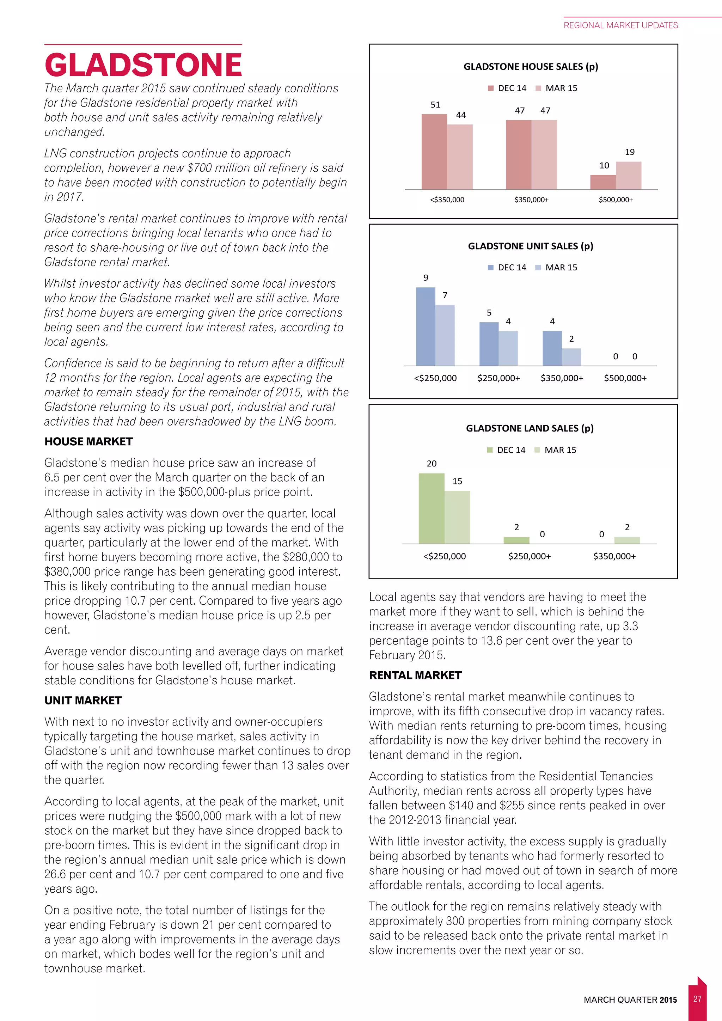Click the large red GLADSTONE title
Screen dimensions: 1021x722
tap(143, 65)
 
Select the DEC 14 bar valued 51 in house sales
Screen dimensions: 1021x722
tap(434, 152)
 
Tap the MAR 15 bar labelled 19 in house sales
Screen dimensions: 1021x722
tap(628, 176)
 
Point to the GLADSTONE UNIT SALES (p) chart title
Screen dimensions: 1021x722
tap(530, 246)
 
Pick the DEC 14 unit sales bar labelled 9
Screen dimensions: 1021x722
tap(426, 327)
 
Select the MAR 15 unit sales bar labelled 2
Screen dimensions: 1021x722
tap(571, 357)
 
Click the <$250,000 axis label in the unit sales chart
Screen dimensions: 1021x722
tap(435, 378)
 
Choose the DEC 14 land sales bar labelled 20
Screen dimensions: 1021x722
tap(431, 508)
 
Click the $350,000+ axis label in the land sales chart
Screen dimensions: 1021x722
tap(614, 556)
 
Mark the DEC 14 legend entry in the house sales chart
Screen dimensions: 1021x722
tap(507, 88)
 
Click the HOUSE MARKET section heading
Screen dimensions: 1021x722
tap(88, 441)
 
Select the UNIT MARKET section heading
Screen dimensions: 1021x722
tap(83, 701)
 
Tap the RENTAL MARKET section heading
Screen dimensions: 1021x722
tap(415, 675)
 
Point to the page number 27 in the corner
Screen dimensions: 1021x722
tap(697, 999)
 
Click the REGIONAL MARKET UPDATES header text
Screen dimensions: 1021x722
tap(620, 25)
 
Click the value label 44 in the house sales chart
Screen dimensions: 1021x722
tap(461, 115)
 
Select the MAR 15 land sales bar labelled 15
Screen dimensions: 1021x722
tap(457, 517)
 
